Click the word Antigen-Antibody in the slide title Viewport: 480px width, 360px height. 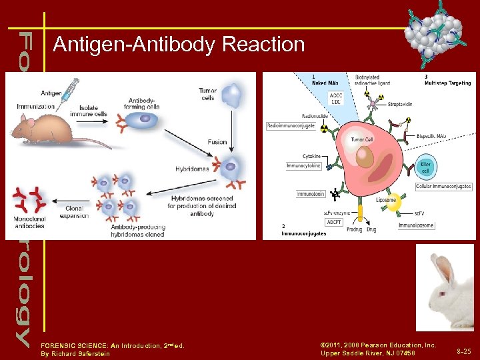[x=133, y=45]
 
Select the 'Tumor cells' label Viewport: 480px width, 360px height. [x=207, y=94]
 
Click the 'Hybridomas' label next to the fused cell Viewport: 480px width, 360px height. [x=193, y=168]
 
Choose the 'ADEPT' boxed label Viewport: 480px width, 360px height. [x=334, y=221]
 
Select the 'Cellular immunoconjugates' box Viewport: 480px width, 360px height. [x=443, y=186]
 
